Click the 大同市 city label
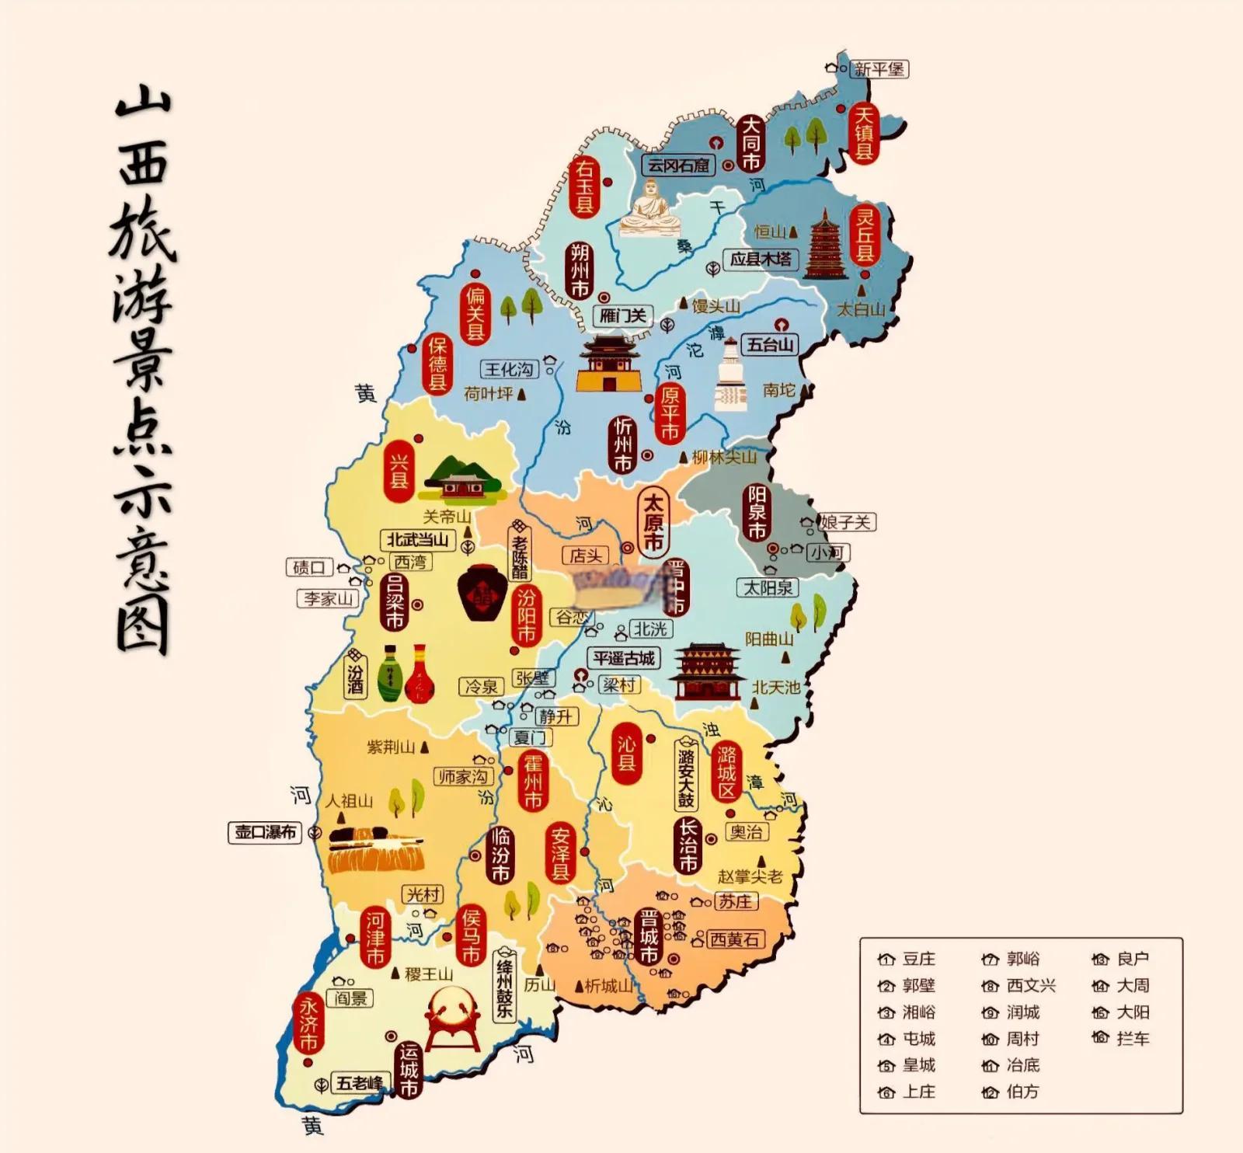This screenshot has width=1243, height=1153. coord(750,143)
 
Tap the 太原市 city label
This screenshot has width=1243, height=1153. coord(653,521)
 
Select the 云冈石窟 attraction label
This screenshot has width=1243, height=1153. coord(679,165)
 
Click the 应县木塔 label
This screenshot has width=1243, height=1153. coord(761,259)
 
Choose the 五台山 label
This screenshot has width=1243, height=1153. coord(771,343)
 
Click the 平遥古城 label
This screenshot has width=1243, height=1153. coord(624,658)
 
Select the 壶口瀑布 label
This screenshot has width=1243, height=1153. coord(266,832)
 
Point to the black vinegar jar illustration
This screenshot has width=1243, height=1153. coord(482,592)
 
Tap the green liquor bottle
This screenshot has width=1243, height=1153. coord(390,673)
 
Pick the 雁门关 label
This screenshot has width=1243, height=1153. coord(623,315)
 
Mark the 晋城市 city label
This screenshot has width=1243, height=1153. coord(649,936)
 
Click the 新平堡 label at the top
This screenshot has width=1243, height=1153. coord(879,69)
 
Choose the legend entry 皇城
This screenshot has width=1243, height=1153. coord(918,1065)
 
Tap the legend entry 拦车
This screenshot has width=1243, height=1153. coord(1132,1038)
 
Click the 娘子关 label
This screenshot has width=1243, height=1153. coord(847,522)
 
